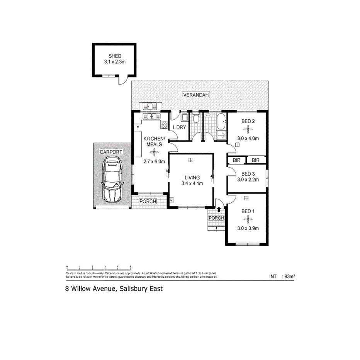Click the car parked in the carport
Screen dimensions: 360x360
point(112,181)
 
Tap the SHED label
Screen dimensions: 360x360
point(115,56)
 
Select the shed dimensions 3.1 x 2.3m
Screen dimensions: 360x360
point(115,62)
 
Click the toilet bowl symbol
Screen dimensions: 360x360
point(196,118)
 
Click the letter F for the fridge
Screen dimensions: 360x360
point(137,128)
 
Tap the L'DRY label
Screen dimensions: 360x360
point(179,127)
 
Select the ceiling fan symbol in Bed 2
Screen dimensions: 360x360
point(248,129)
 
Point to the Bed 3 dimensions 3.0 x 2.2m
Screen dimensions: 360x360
point(248,180)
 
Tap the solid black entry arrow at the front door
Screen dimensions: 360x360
point(219,209)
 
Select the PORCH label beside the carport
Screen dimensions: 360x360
point(148,202)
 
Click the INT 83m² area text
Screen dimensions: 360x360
point(282,276)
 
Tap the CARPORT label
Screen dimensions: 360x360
point(111,152)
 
